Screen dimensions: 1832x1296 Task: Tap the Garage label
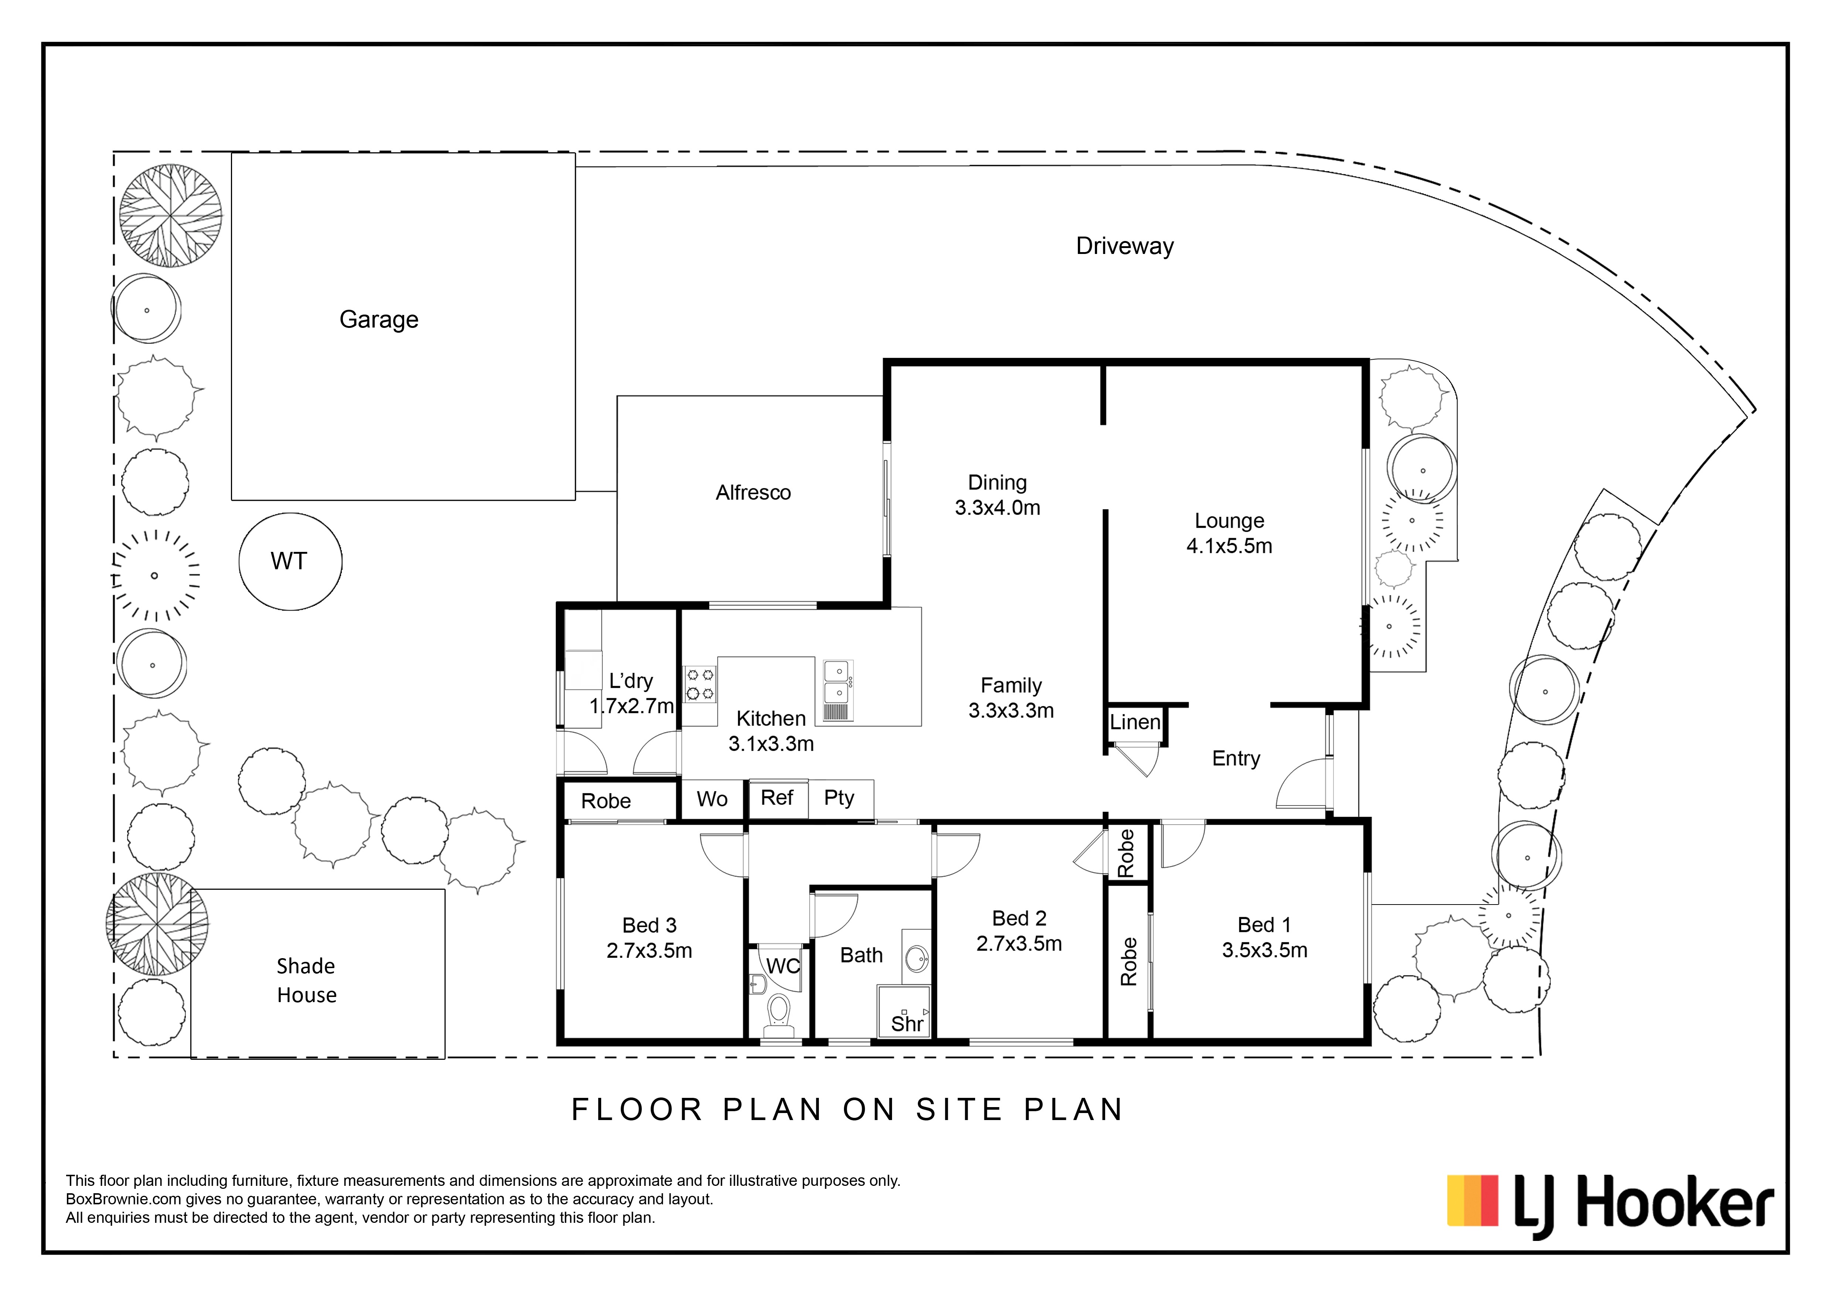click(379, 319)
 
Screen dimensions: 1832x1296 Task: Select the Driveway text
click(1125, 246)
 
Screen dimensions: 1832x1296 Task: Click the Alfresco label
click(753, 492)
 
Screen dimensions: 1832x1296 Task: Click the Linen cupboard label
click(1135, 722)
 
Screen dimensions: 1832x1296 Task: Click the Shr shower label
click(907, 1024)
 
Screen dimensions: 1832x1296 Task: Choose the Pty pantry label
click(840, 798)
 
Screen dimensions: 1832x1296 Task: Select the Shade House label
click(306, 981)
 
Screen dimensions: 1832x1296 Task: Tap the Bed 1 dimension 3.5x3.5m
click(1265, 950)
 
